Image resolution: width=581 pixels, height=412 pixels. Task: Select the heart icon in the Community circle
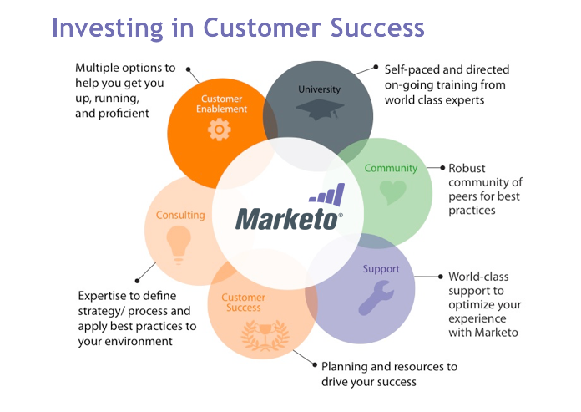point(392,193)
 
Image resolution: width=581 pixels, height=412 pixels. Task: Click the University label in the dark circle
point(319,89)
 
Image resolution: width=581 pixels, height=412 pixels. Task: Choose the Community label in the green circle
point(392,168)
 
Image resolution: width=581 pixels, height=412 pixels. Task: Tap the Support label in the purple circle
point(381,269)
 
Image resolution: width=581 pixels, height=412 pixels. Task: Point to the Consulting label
point(180,215)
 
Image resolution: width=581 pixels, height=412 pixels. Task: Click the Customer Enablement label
point(221,104)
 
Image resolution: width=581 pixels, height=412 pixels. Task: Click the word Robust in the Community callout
point(467,168)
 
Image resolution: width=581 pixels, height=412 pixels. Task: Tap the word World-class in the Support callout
point(478,277)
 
